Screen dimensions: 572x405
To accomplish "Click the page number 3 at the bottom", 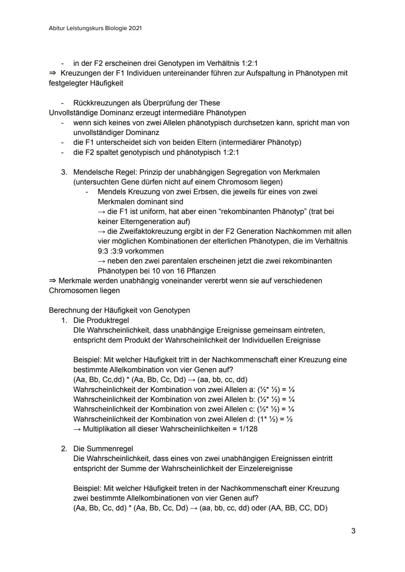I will click(x=353, y=531).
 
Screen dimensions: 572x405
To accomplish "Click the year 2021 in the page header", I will click(x=135, y=28).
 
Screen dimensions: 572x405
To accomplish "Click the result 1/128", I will click(x=248, y=429).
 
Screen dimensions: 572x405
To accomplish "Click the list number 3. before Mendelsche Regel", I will click(x=64, y=172).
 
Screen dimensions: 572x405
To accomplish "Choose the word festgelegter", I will click(x=70, y=83).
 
